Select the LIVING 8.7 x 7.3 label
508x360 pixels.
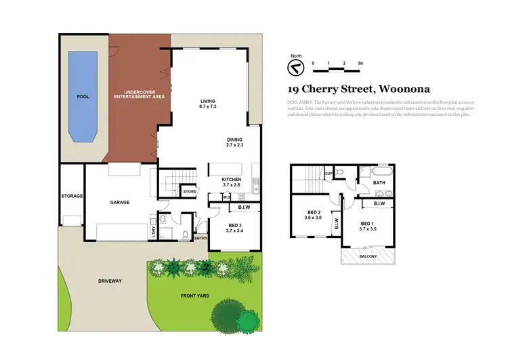pyautogui.click(x=207, y=104)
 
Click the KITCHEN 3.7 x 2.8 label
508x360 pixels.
pyautogui.click(x=232, y=182)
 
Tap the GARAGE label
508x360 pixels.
pyautogui.click(x=119, y=202)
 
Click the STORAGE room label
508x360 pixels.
pyautogui.click(x=72, y=196)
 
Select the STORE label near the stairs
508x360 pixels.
pyautogui.click(x=190, y=192)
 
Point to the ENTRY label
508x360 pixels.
pyautogui.click(x=200, y=238)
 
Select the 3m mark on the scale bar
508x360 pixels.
pyautogui.click(x=360, y=64)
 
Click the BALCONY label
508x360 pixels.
pyautogui.click(x=368, y=256)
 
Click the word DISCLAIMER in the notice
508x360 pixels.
pyautogui.click(x=299, y=100)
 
